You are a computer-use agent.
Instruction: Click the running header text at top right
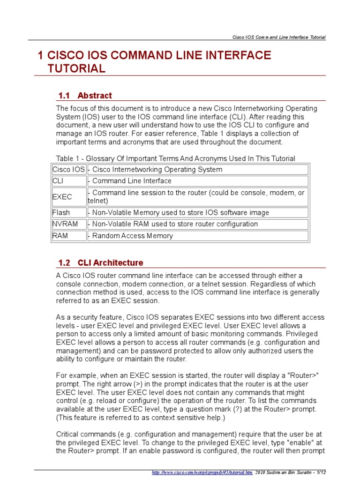[x=279, y=37]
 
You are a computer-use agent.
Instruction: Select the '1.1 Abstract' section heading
[x=85, y=96]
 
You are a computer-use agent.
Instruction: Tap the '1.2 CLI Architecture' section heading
[x=100, y=262]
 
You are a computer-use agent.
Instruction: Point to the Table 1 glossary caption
[x=175, y=158]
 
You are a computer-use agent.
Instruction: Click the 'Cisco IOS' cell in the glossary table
[x=68, y=170]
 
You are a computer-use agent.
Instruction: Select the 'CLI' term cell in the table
[x=68, y=181]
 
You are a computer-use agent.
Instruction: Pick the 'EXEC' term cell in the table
[x=68, y=197]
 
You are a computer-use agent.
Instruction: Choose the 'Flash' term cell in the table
[x=68, y=213]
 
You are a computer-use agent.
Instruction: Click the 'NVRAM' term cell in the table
[x=68, y=224]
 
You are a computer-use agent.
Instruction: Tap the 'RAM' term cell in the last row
[x=68, y=236]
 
